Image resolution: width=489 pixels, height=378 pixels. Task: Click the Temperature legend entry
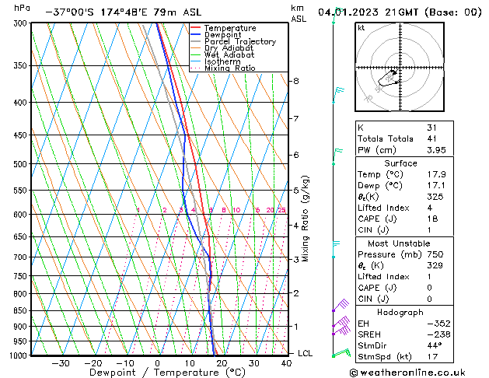coord(229,28)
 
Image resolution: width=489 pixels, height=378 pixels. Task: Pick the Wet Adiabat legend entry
coord(229,55)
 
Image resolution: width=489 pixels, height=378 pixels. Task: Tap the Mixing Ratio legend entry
coord(230,68)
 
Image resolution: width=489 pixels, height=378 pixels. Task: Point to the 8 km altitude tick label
coord(295,81)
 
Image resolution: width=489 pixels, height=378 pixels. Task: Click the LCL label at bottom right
coord(306,353)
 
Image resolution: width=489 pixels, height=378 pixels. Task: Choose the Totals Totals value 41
coord(431,138)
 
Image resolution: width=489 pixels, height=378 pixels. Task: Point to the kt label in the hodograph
coord(361,28)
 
